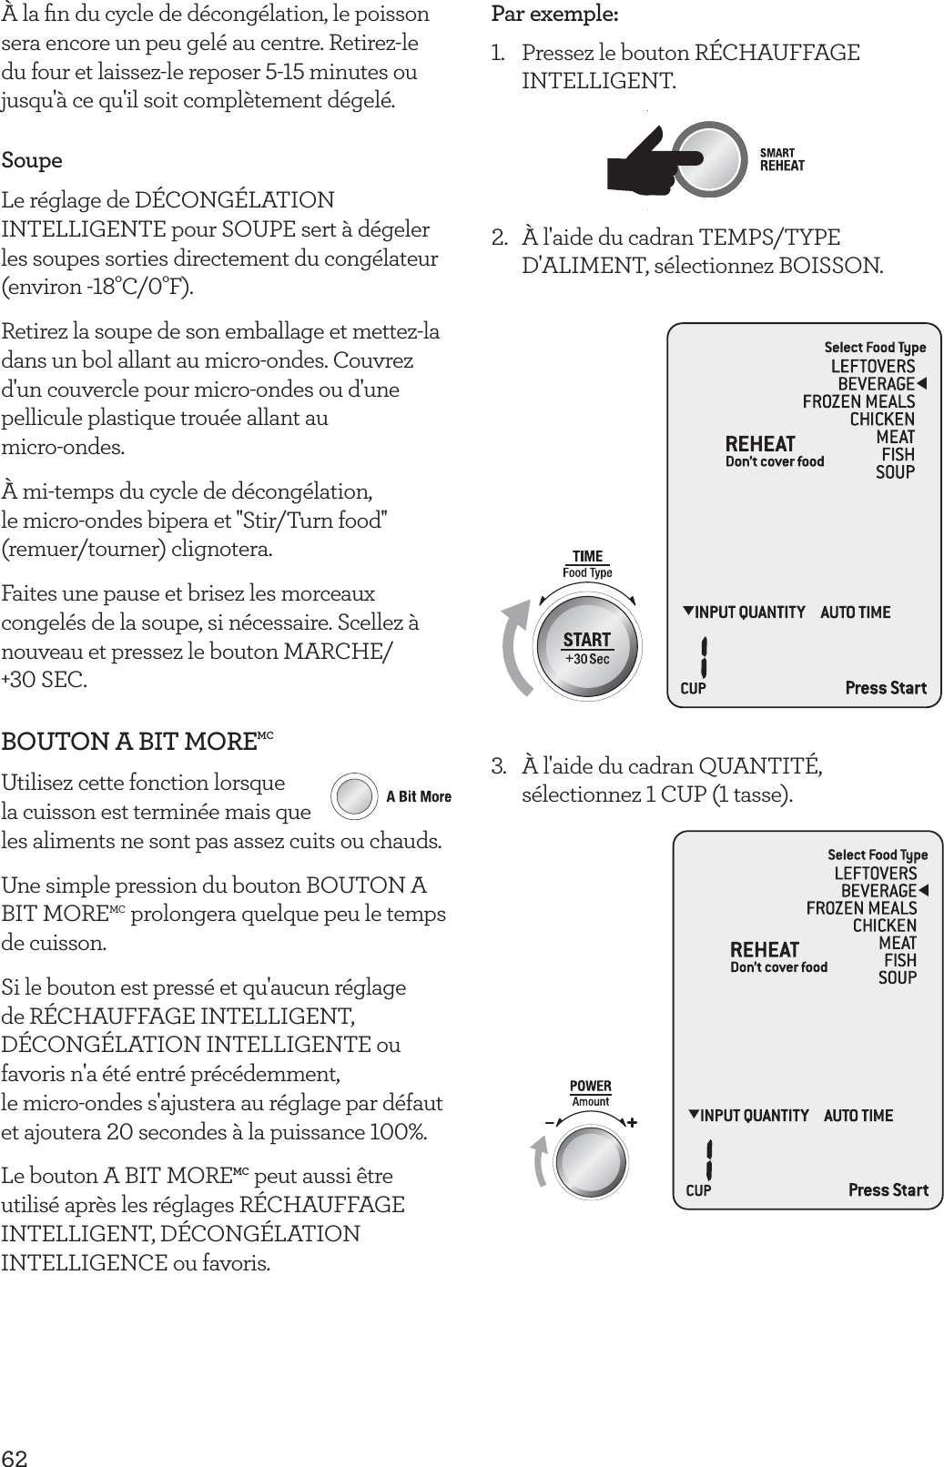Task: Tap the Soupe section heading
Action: tap(32, 161)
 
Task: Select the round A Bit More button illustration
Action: tap(353, 796)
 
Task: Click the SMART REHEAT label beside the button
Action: tap(782, 160)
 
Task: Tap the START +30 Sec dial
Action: tap(587, 647)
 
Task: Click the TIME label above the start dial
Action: tap(587, 556)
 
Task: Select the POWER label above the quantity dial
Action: tap(591, 1086)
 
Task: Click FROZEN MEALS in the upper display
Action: tap(858, 401)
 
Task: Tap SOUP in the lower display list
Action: tap(897, 977)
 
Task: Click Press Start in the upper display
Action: tap(886, 688)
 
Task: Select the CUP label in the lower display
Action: tap(698, 1190)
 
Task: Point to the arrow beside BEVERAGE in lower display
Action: tap(923, 890)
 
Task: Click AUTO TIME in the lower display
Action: tap(858, 1116)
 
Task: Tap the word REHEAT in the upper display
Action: tap(760, 444)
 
